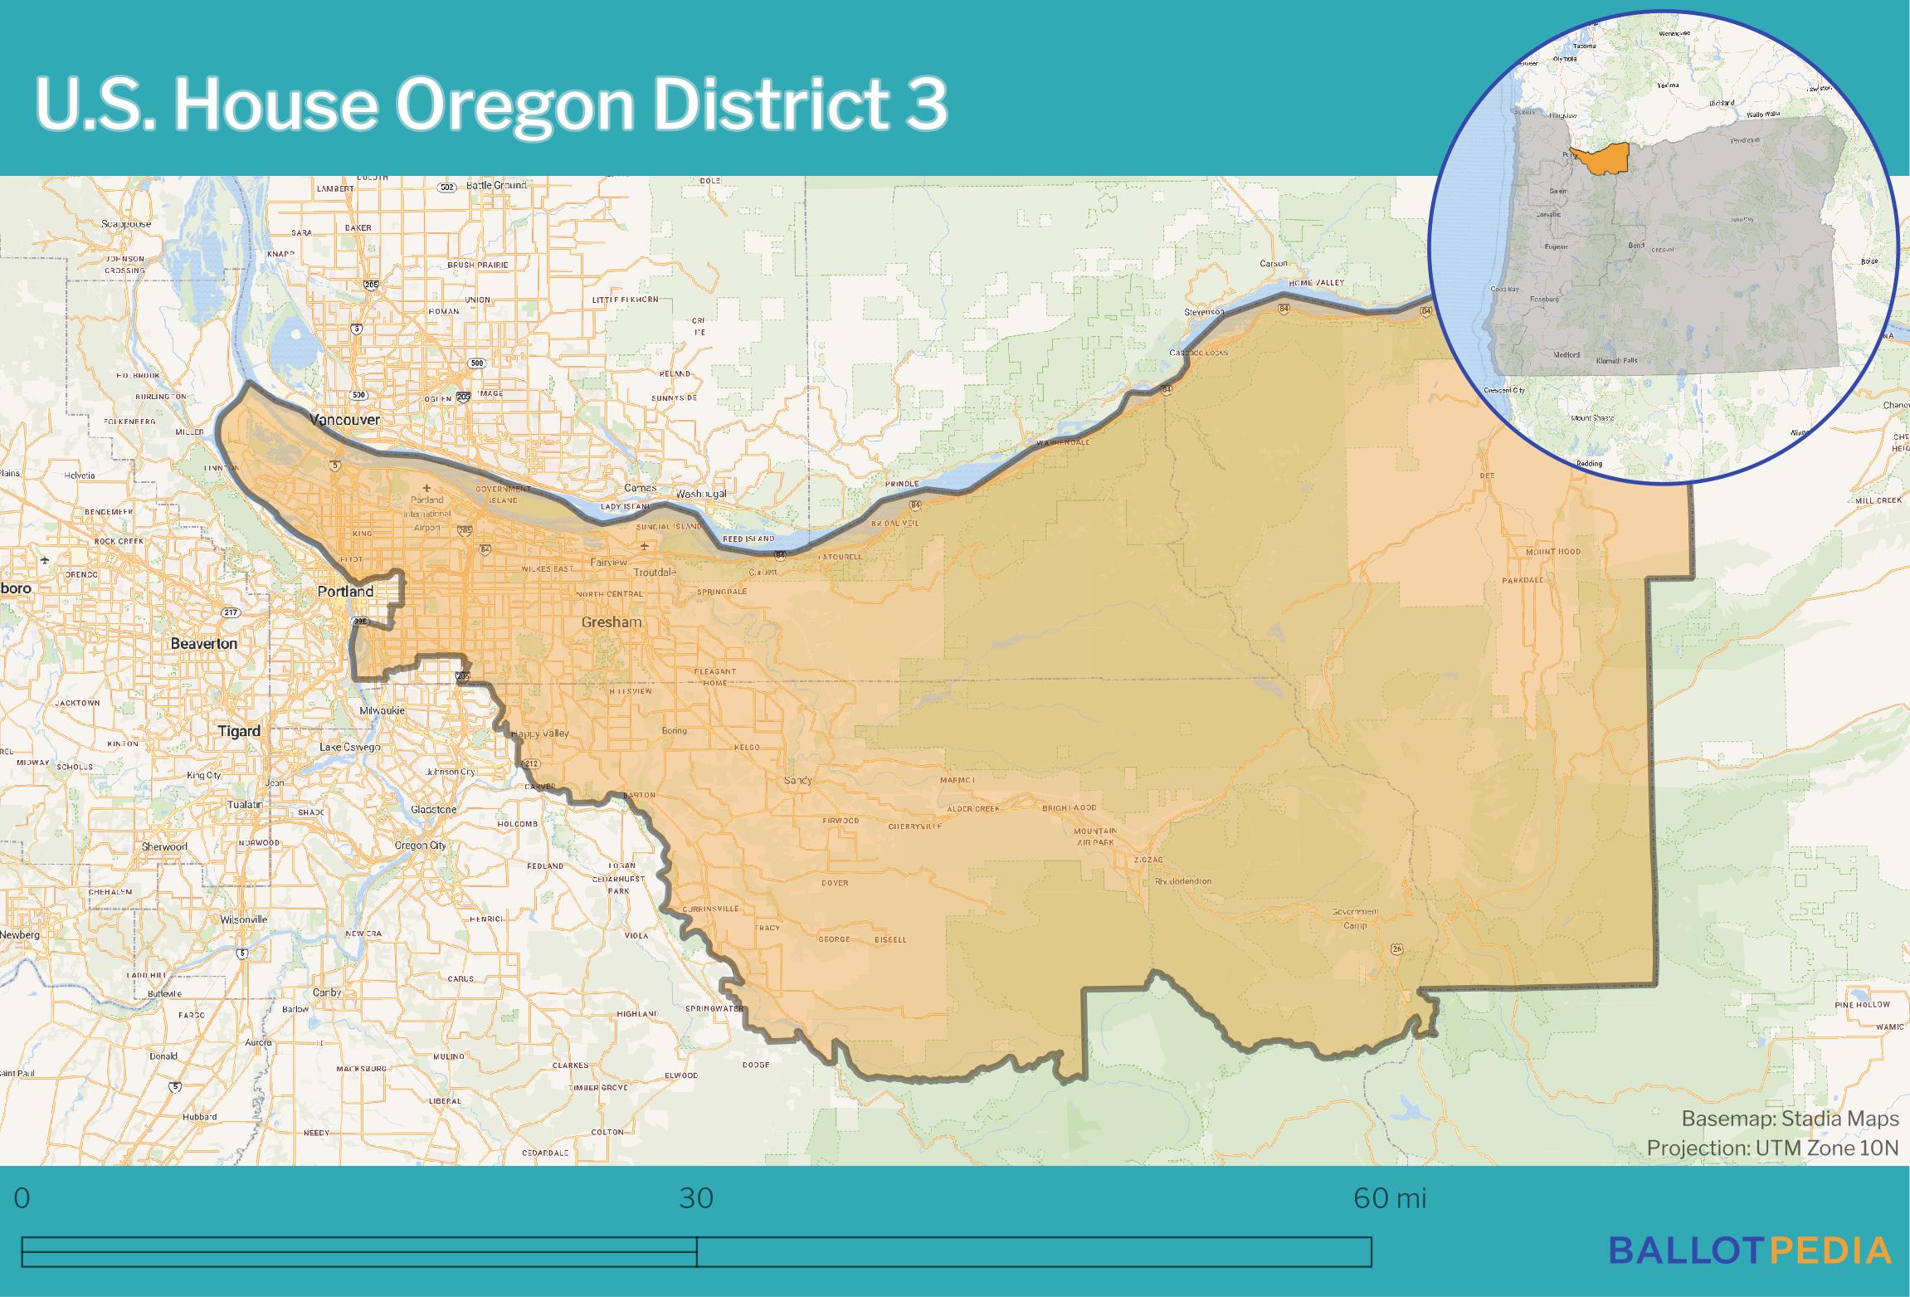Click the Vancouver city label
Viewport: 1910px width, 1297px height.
click(344, 420)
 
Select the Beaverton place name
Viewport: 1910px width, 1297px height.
click(204, 643)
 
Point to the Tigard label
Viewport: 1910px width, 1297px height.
click(239, 731)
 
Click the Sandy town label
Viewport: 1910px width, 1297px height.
click(798, 781)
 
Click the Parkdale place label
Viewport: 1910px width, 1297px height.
click(1523, 580)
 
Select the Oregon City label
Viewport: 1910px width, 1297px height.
click(421, 846)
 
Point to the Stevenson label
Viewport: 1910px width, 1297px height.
click(1204, 311)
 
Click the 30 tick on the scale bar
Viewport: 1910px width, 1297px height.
click(696, 1198)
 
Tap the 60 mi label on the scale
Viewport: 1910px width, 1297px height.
click(1390, 1198)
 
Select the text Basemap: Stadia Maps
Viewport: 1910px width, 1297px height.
click(1790, 1119)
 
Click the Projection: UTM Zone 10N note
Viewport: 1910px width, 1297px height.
click(1772, 1148)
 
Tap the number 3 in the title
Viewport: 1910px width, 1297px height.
click(925, 105)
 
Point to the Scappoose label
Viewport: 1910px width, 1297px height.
click(127, 224)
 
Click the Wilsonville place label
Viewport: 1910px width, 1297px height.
click(244, 919)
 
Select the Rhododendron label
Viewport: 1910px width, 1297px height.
click(1183, 881)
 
